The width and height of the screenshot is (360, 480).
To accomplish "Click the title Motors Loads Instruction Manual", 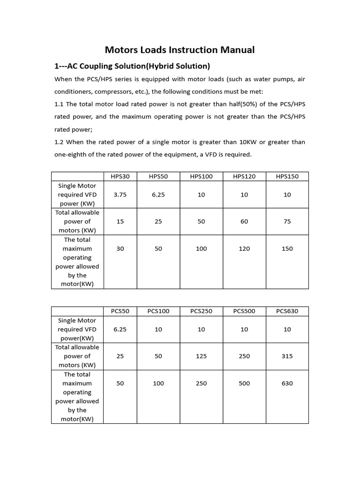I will point(180,50).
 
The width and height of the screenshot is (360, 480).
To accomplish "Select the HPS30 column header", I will point(120,176).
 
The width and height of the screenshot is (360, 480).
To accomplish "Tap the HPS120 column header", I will point(244,176).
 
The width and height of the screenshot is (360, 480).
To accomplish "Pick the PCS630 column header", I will point(287,311).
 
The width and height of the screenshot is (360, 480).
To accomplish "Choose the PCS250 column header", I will point(201,311).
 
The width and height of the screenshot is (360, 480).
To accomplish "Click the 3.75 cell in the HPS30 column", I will point(120,195).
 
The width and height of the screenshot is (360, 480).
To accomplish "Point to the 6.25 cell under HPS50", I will point(158,195).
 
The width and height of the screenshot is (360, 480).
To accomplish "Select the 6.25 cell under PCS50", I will point(120,330).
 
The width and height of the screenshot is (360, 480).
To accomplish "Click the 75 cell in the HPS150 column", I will point(287,221).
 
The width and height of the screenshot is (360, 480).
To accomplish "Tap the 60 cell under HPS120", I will point(244,221).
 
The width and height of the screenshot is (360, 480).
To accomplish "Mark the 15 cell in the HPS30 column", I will point(120,221).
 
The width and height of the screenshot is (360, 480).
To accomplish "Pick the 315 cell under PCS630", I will point(287,356).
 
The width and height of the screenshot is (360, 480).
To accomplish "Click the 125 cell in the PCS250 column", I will point(201,356).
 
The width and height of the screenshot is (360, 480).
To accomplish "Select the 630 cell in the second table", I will point(287,383).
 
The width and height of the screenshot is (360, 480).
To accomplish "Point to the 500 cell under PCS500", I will point(244,383).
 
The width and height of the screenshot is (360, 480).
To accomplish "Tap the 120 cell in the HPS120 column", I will point(244,248).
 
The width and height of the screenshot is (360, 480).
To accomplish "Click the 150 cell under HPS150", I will point(287,248).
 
